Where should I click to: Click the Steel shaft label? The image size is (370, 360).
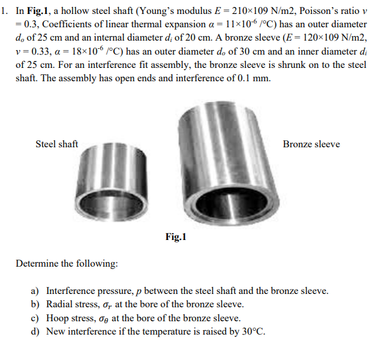56,144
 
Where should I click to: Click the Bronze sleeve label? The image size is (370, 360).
311,144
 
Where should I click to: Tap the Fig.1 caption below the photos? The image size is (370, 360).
176,237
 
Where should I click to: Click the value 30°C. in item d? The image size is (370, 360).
253,331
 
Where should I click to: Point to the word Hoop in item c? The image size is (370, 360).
58,318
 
